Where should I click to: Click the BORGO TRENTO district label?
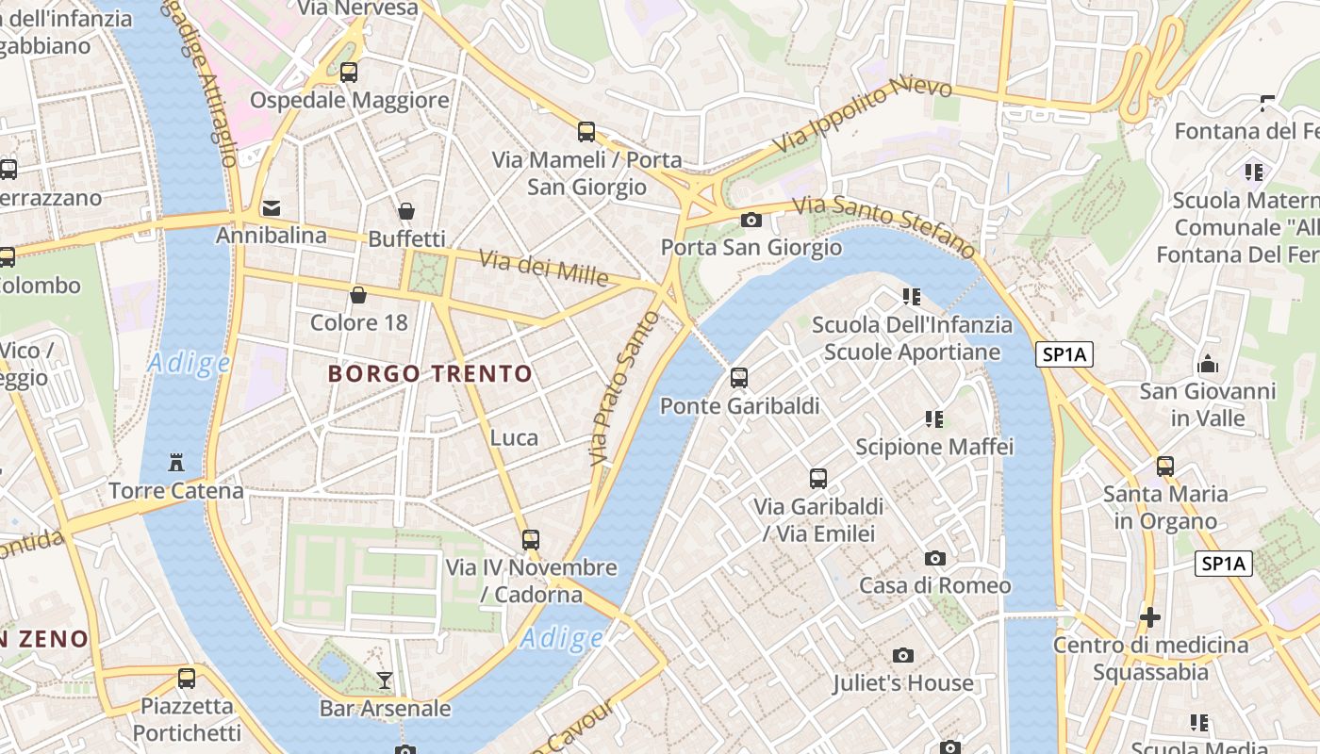point(430,374)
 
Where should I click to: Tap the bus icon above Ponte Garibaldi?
point(739,378)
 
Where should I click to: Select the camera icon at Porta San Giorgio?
point(751,221)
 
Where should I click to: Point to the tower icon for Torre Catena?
point(175,463)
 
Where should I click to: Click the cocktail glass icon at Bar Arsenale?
point(385,680)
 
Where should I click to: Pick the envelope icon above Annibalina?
point(272,207)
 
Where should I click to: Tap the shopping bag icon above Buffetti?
point(406,211)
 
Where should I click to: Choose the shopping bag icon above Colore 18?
point(358,295)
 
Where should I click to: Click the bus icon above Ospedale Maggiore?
point(349,72)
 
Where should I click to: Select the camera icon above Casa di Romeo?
point(935,558)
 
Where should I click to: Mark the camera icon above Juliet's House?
point(903,655)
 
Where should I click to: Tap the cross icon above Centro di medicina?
point(1150,617)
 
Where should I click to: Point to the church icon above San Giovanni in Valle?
point(1208,364)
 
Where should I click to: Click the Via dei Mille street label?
point(544,268)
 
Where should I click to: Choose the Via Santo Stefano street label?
point(883,226)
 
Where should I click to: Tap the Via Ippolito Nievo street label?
point(863,116)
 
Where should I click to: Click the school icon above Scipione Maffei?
point(934,418)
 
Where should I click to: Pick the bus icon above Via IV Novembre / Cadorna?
point(531,540)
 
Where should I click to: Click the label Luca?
point(515,437)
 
